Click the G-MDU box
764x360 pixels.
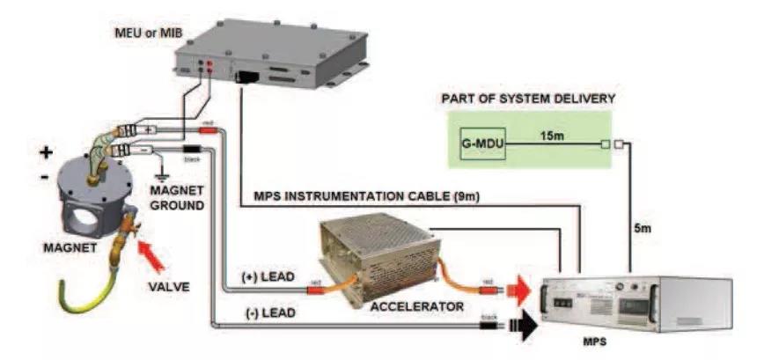tap(482, 143)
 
